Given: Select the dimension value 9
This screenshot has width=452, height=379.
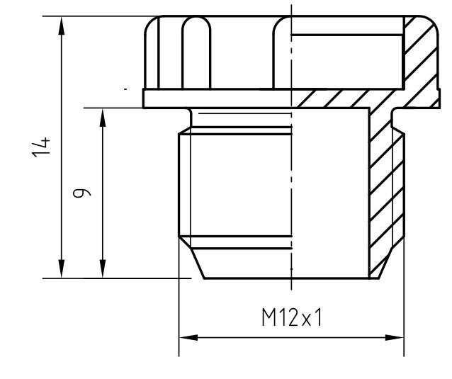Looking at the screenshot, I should point(84,192).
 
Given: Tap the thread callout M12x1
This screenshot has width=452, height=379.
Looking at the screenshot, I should point(290,318).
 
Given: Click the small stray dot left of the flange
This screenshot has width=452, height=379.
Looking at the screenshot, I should point(125,90).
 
